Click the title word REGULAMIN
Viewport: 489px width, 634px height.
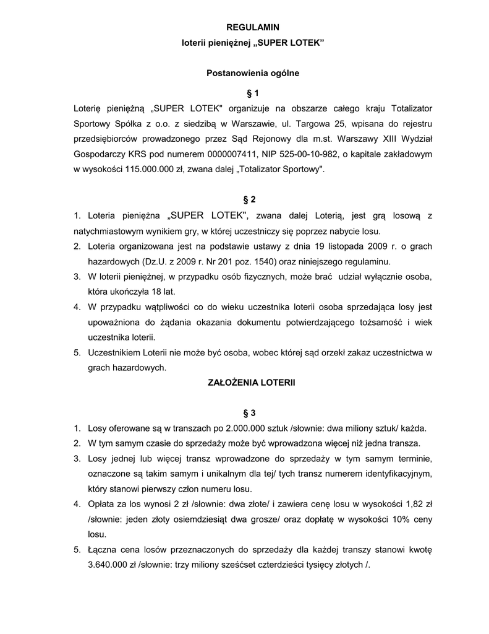tap(252, 27)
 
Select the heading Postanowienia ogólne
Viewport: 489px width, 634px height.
tap(252, 73)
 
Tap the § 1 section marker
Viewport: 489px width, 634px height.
tap(252, 93)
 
